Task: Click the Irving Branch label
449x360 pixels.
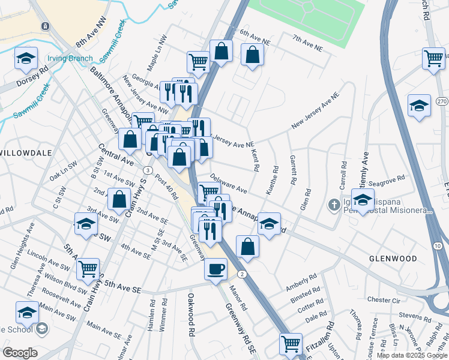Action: pos(71,59)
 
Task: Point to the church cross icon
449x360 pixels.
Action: pos(334,205)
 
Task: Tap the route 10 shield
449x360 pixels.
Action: pos(436,246)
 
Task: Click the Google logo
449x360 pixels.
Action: pos(20,352)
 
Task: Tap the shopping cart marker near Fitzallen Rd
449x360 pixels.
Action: pos(291,344)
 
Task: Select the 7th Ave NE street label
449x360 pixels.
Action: pos(307,42)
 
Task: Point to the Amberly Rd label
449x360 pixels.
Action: pos(302,281)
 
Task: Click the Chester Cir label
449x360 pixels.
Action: pos(383,299)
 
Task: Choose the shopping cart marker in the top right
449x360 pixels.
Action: pos(433,58)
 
